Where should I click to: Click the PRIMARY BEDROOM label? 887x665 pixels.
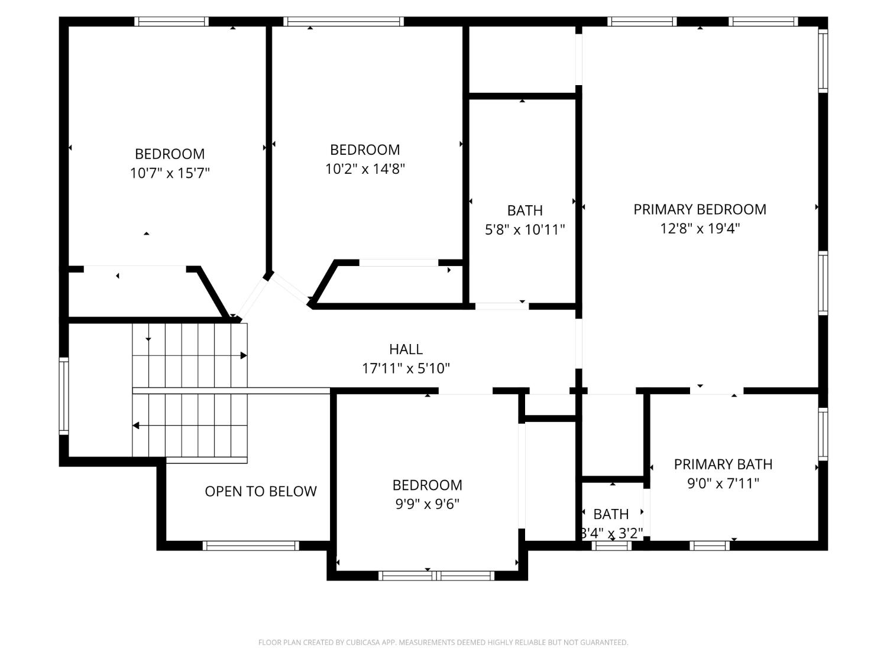tap(700, 210)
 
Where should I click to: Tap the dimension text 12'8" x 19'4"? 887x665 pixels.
tap(700, 229)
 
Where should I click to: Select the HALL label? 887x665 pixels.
tap(406, 349)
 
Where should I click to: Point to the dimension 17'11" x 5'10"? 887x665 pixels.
tap(406, 369)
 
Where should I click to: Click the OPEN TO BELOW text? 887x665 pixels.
tap(261, 491)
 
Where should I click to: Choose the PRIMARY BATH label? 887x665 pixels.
tap(723, 465)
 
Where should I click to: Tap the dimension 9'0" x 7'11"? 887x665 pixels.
tap(723, 484)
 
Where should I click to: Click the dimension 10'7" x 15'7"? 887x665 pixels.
tap(170, 173)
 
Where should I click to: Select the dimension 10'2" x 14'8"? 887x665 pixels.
tap(365, 169)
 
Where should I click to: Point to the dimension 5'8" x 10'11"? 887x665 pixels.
tap(525, 230)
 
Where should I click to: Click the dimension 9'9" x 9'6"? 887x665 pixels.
tap(427, 504)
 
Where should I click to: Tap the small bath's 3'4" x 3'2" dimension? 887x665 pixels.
tap(611, 533)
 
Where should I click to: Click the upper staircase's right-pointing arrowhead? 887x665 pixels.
tap(244, 355)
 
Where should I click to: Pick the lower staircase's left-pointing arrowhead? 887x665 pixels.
tap(136, 426)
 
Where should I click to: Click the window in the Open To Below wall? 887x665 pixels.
tap(251, 546)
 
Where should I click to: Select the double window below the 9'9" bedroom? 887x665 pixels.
tap(436, 576)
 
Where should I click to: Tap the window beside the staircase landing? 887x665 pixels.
tap(64, 396)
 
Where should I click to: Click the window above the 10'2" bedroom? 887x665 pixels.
tap(344, 21)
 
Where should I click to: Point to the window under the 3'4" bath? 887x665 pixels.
tap(611, 546)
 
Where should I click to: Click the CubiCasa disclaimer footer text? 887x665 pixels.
tap(444, 643)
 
